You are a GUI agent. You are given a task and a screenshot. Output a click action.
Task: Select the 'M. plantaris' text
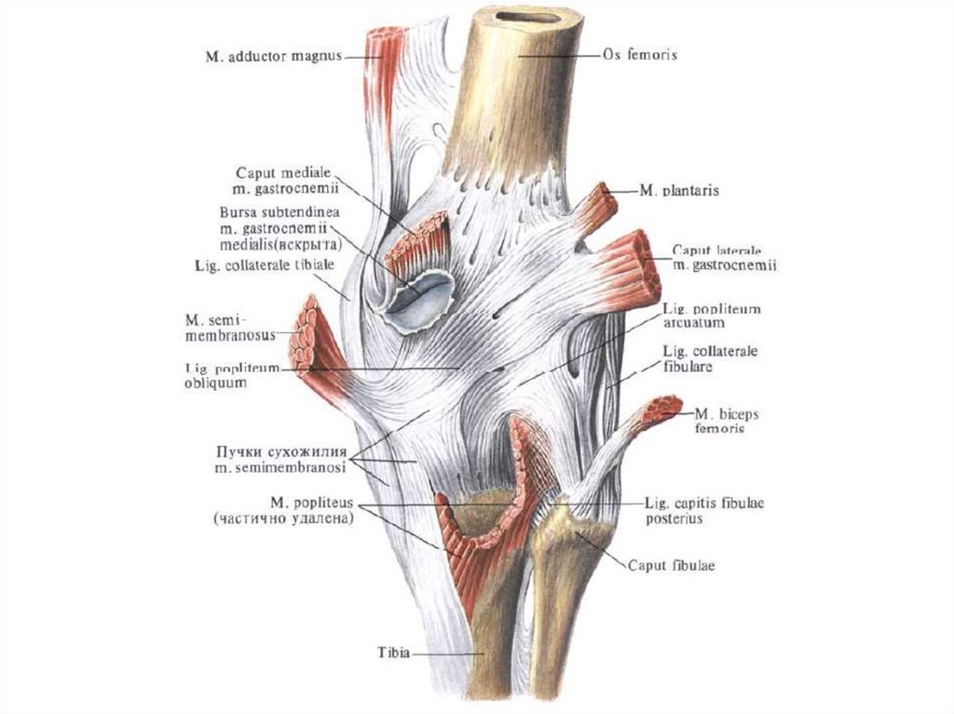tap(680, 191)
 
